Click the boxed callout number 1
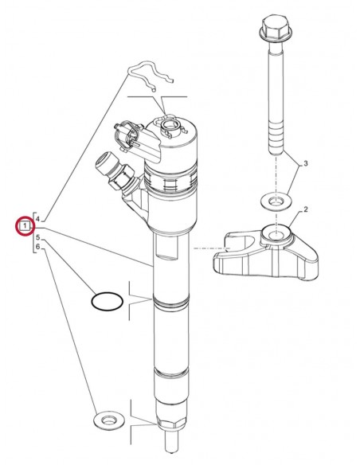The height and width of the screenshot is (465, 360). tap(25, 225)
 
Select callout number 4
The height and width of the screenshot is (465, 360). tap(38, 219)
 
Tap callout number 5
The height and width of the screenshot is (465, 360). tap(38, 237)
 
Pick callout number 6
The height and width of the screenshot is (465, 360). tap(38, 247)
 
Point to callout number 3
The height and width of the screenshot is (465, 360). tap(305, 163)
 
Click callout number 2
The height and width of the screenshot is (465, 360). tap(305, 209)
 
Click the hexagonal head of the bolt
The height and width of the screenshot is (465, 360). tap(276, 28)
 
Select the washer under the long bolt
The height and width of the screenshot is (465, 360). tap(276, 201)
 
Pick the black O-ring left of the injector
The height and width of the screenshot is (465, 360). tap(107, 301)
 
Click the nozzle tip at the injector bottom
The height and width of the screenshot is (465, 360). tap(173, 442)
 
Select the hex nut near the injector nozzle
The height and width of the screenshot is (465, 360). tap(172, 423)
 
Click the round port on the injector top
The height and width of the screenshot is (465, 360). tap(170, 126)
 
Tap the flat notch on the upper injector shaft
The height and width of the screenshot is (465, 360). tap(167, 245)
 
